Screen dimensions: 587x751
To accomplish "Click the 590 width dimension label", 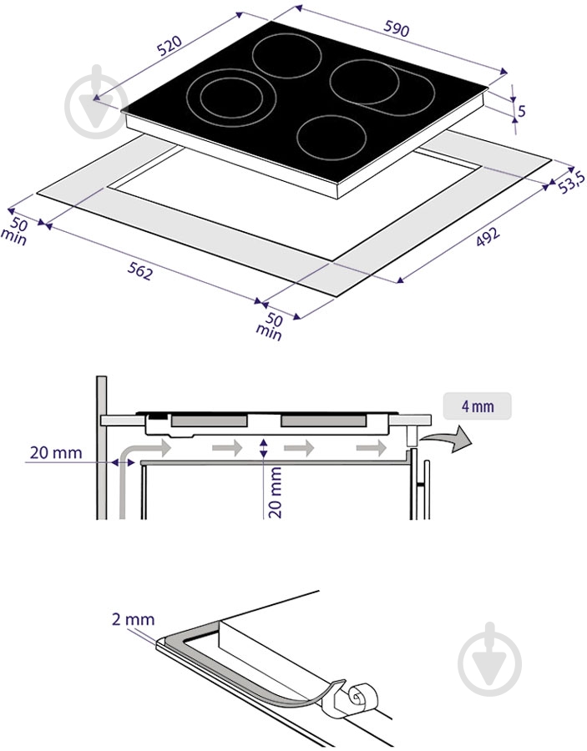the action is [397, 29].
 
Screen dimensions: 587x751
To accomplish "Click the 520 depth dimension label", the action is [170, 46].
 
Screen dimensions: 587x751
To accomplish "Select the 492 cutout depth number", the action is [488, 235].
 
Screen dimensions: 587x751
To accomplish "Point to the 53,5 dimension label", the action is [572, 182].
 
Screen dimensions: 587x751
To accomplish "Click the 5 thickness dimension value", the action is [522, 111].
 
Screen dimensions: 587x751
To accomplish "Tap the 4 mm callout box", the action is [478, 406].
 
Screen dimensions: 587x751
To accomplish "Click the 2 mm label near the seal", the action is [134, 619].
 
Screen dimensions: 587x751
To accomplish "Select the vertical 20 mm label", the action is [275, 493].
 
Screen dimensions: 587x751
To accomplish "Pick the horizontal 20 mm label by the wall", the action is [56, 452].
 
